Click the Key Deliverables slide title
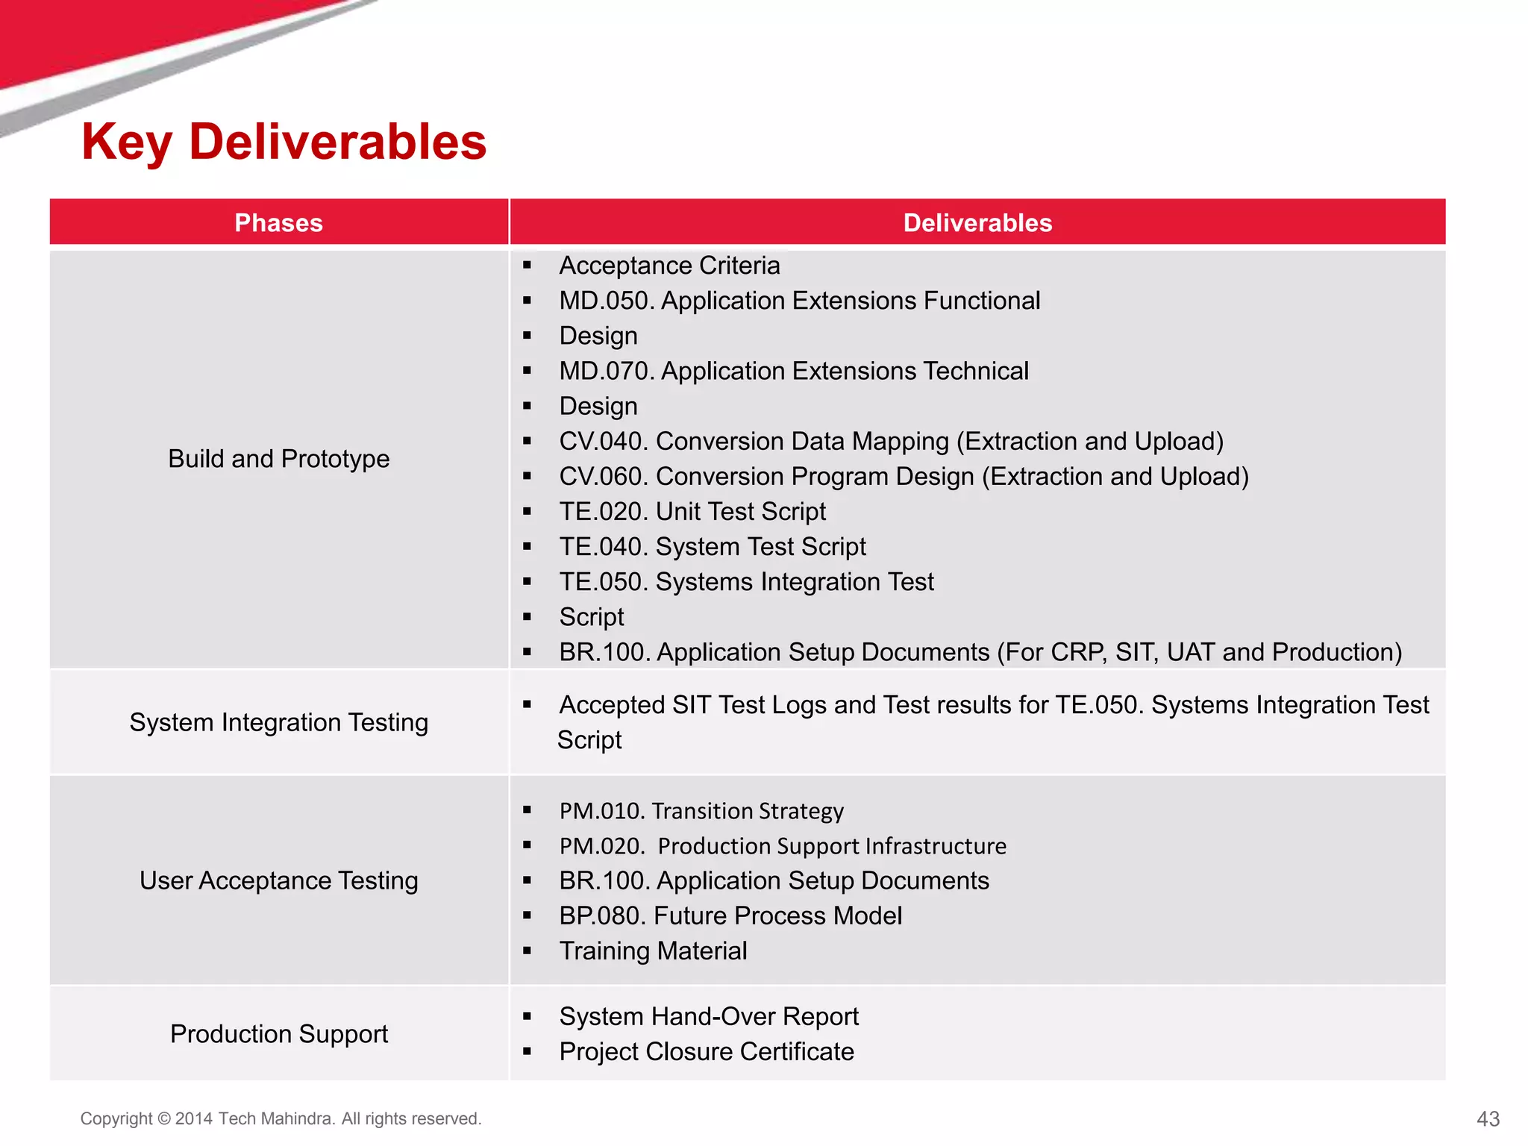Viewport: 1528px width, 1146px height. point(284,142)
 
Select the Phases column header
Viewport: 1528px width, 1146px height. point(278,222)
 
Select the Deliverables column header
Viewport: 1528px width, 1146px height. point(977,222)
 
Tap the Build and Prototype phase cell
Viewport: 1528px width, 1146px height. point(278,458)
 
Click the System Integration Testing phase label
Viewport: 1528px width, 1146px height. point(278,722)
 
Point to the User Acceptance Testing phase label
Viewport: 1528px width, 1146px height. point(278,880)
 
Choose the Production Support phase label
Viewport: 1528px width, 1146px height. point(278,1033)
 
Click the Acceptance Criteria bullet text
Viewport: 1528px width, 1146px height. point(669,266)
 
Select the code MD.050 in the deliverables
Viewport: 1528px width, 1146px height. point(606,301)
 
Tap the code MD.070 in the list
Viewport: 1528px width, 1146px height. point(606,371)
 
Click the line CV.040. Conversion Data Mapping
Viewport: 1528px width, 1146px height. point(891,441)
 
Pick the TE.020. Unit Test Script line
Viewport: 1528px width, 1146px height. point(692,511)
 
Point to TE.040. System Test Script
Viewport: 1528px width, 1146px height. point(713,546)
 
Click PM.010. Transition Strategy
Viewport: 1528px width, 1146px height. point(701,810)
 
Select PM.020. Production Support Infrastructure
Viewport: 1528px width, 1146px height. point(783,845)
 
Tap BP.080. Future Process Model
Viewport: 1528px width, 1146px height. point(730,915)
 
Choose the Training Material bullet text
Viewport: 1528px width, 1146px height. point(653,951)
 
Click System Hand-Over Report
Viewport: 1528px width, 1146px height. point(709,1016)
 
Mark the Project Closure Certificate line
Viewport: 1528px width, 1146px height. point(707,1051)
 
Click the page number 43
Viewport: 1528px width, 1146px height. point(1488,1118)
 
